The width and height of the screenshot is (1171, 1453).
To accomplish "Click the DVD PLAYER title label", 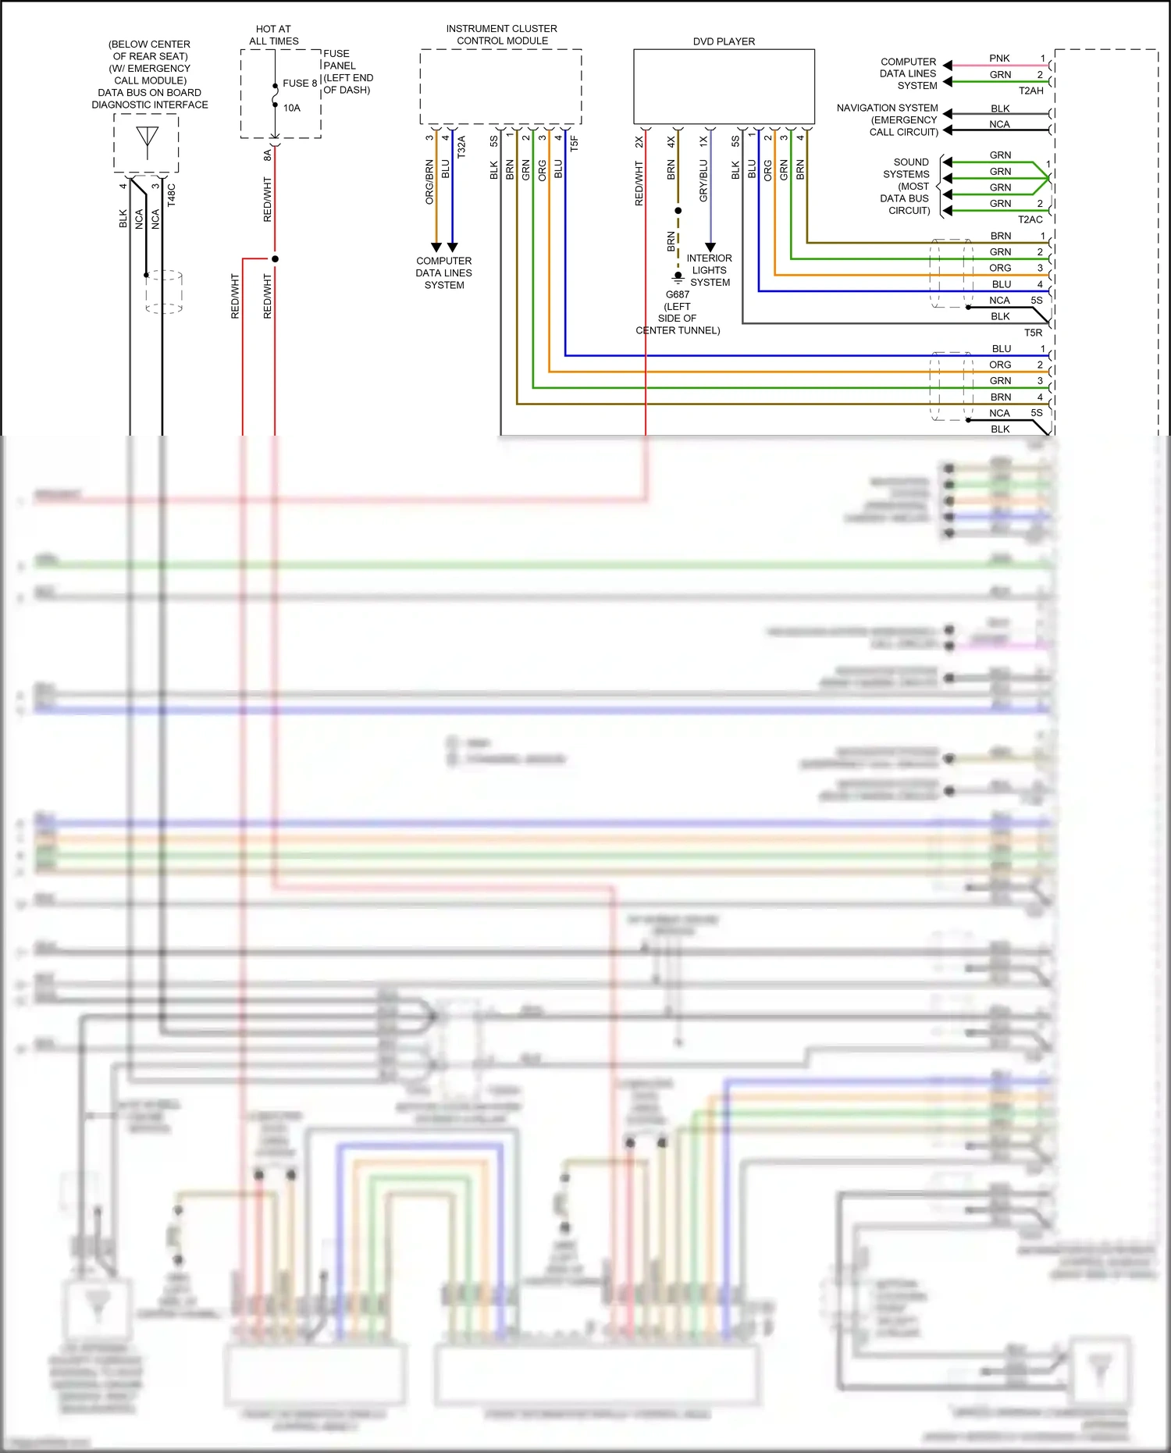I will [724, 41].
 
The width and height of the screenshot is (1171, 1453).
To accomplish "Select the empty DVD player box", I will [724, 87].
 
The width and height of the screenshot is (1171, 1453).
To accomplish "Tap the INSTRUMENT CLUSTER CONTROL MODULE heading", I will [501, 34].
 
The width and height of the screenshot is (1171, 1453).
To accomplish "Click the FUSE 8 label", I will [300, 83].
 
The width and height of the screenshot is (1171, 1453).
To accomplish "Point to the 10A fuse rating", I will [292, 108].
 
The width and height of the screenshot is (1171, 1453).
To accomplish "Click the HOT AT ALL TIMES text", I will [273, 34].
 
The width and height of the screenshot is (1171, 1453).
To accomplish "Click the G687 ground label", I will [677, 294].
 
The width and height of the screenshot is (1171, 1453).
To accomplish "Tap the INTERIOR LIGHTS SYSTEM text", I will [710, 270].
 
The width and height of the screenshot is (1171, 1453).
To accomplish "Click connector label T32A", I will [461, 147].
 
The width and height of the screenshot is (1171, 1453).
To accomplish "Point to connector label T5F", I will [575, 143].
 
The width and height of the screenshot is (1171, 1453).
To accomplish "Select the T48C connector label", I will [172, 195].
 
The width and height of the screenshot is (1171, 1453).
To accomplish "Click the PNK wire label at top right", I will [999, 59].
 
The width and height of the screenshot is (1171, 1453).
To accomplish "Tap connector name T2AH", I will [1030, 91].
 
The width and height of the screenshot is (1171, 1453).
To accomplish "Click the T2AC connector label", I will [1030, 219].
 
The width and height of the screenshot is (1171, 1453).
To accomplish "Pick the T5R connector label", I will [1033, 333].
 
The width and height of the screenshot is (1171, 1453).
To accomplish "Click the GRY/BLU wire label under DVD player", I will [703, 181].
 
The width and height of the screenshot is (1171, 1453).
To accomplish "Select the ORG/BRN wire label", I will [429, 182].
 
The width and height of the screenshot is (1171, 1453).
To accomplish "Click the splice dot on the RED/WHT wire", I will [275, 258].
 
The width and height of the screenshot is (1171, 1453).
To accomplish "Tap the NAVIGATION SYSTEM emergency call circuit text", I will [888, 119].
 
